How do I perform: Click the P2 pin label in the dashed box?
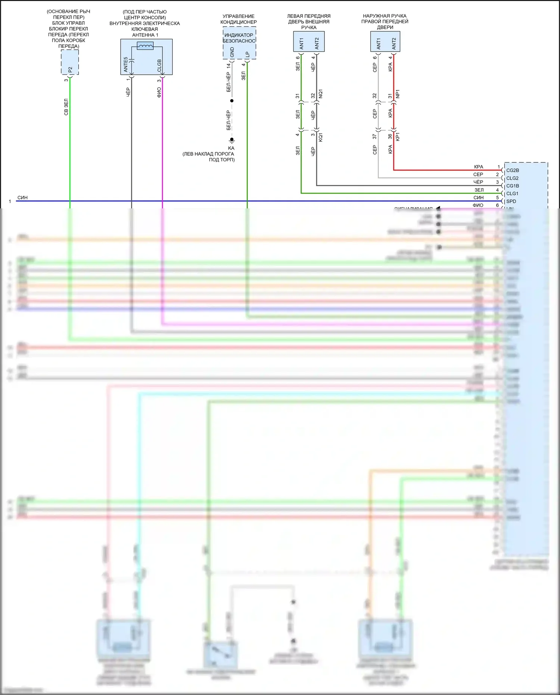pos(70,69)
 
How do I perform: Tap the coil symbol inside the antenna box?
pos(145,46)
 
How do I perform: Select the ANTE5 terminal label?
pos(126,65)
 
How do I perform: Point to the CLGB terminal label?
pos(159,66)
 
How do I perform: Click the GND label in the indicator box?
pos(232,52)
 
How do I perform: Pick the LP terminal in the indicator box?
pos(247,54)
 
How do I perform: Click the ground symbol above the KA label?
pos(232,140)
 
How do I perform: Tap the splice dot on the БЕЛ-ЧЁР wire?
pos(232,101)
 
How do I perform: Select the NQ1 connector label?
pos(321,94)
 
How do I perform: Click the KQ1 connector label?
pos(321,137)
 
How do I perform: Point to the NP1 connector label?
pos(398,94)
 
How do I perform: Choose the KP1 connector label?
pos(398,137)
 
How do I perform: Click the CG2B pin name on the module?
pos(513,170)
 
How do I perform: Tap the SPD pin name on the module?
pos(511,201)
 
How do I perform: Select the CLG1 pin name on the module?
pos(512,193)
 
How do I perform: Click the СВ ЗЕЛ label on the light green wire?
pos(66,107)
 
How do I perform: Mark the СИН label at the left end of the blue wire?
pos(22,198)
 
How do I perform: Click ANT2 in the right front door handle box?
pos(394,43)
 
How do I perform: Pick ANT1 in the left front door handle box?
pos(302,43)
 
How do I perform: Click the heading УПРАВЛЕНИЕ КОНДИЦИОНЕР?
pos(239,19)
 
